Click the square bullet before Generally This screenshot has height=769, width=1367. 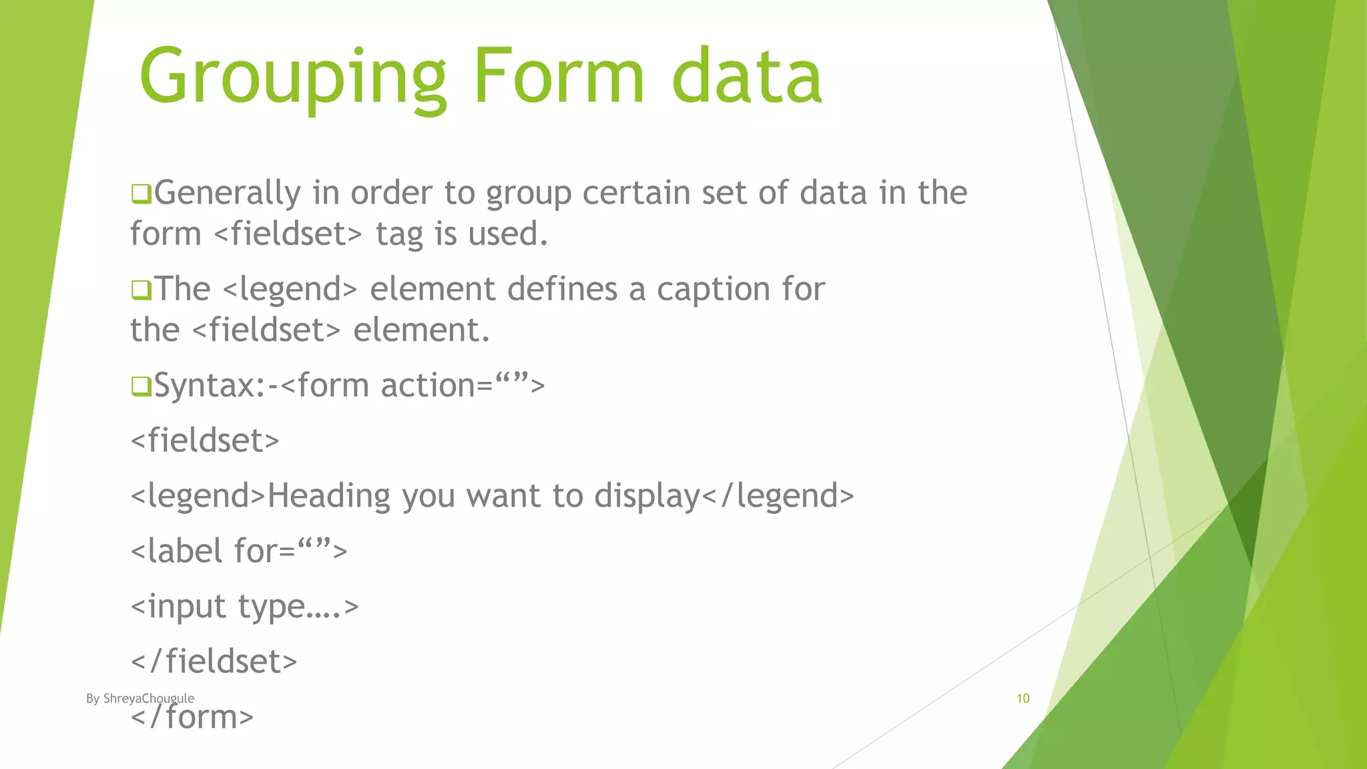point(141,194)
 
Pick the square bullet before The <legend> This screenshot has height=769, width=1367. point(141,290)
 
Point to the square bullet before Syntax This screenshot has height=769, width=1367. point(141,387)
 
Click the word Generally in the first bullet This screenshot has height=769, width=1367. point(228,194)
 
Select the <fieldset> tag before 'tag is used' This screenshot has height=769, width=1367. point(288,234)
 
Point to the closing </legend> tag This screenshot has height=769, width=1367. point(778,497)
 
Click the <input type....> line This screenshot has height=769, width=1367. point(244,607)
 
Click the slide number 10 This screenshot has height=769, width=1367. point(1023,699)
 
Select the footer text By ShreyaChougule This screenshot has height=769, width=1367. point(140,699)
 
